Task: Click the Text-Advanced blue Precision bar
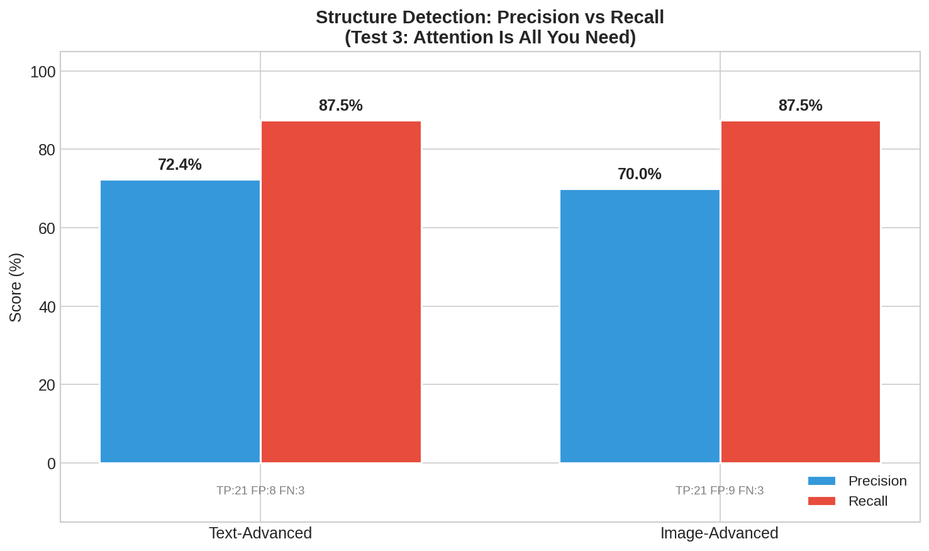[180, 321]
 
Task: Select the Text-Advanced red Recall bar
[341, 292]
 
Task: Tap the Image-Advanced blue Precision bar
[640, 326]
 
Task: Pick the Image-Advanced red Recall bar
[800, 292]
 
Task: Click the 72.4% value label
[180, 165]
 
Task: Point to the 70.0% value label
[640, 174]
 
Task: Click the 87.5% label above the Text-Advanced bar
[341, 106]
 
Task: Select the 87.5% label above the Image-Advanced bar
[800, 106]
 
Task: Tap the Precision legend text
[877, 481]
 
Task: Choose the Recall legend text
[868, 501]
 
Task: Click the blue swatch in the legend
[821, 481]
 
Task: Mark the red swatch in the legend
[821, 501]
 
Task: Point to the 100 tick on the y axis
[43, 72]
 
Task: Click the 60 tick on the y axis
[47, 228]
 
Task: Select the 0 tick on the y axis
[52, 464]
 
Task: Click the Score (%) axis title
[16, 287]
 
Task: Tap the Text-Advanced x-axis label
[260, 533]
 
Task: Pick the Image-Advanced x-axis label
[719, 533]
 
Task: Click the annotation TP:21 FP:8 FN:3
[260, 491]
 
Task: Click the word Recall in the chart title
[637, 17]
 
